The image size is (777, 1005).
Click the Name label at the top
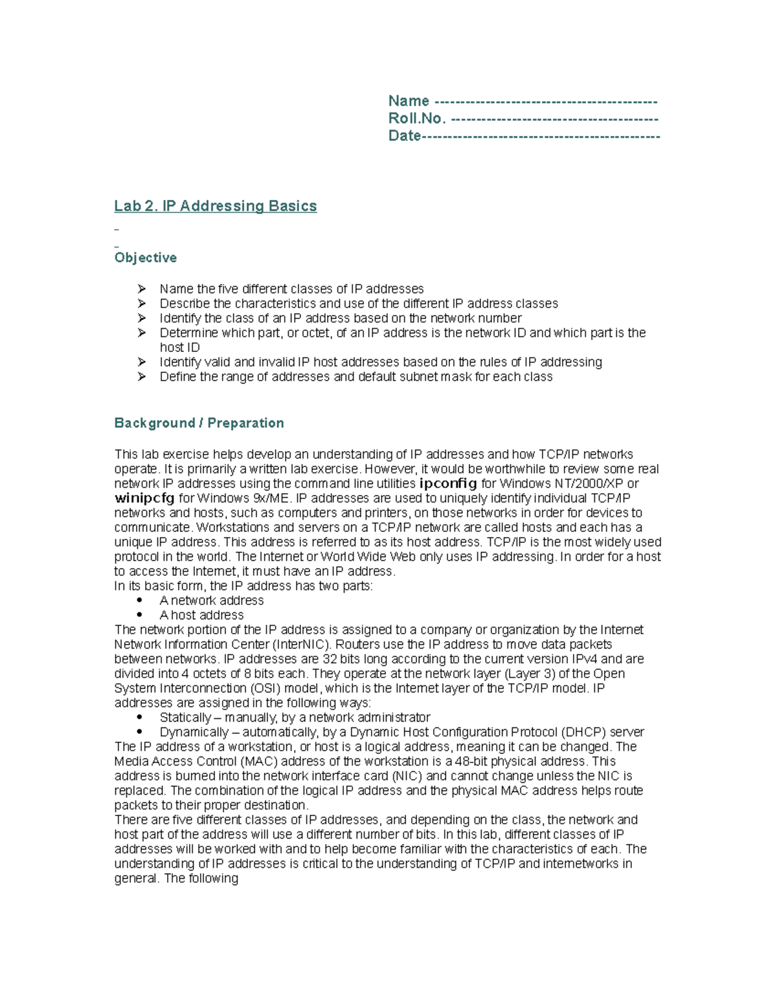[409, 101]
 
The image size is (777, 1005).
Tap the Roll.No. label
[417, 118]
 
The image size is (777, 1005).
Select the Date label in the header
[405, 136]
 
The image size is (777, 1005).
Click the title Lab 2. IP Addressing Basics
[216, 206]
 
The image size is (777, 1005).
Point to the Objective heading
[146, 258]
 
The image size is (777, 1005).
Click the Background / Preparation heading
[199, 423]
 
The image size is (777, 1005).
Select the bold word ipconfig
[448, 483]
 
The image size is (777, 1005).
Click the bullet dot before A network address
[139, 601]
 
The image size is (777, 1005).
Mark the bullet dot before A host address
[139, 615]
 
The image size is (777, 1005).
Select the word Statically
[185, 718]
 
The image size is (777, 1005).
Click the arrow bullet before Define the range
[142, 377]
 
